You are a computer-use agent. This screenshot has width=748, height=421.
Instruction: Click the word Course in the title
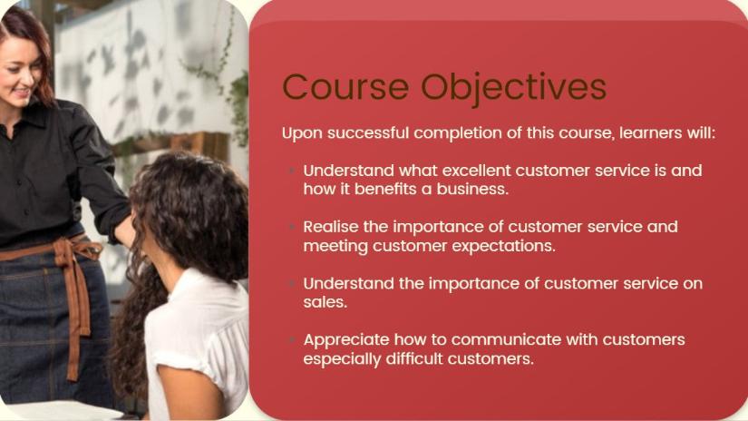point(345,87)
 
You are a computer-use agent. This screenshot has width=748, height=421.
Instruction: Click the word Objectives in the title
point(513,89)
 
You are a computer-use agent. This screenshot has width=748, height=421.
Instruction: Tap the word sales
point(325,302)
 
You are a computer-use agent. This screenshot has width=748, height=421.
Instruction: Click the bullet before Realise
point(292,226)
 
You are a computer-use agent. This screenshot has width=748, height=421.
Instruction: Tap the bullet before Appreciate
point(292,340)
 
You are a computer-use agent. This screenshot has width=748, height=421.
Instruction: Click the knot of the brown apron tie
point(63,250)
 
